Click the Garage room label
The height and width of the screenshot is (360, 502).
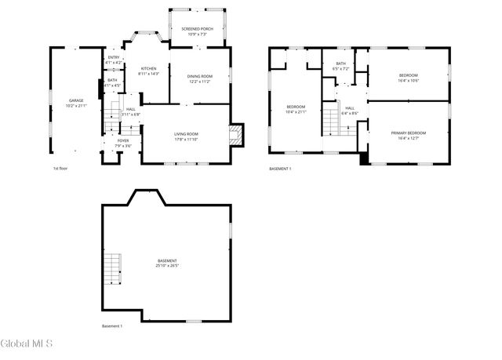76,103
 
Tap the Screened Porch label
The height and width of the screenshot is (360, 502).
197,31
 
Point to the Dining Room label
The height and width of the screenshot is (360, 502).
199,78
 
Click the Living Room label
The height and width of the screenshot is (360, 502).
186,136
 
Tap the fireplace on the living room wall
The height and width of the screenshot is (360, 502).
236,135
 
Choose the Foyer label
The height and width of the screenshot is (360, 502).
124,143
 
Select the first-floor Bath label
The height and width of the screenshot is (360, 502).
112,82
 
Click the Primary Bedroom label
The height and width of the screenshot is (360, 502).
409,136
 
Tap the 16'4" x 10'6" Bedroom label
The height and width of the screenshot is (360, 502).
409,78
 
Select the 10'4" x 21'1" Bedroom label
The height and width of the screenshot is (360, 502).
296,108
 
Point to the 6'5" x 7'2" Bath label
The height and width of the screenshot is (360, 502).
340,66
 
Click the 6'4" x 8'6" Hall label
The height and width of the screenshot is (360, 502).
349,111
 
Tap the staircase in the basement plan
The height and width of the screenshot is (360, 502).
115,270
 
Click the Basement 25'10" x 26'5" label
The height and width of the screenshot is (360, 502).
167,263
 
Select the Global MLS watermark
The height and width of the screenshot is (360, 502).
27,344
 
